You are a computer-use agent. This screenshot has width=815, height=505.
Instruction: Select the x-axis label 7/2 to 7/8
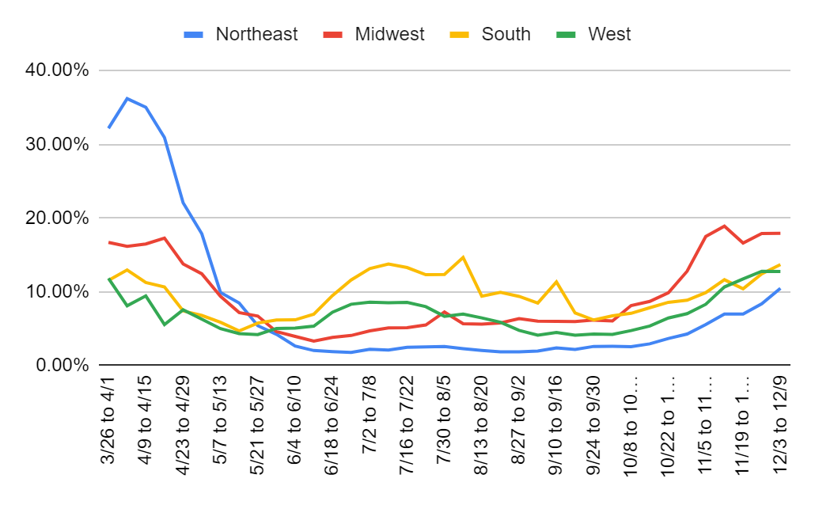click(x=369, y=419)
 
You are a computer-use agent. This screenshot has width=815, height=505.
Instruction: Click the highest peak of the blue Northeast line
click(x=127, y=98)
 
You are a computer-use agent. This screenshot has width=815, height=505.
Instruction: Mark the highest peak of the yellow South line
click(x=463, y=257)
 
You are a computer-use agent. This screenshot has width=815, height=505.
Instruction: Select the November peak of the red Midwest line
click(x=723, y=226)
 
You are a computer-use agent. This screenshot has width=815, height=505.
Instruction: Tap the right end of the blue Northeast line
click(x=779, y=289)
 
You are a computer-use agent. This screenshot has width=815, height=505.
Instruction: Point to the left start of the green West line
click(x=109, y=279)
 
